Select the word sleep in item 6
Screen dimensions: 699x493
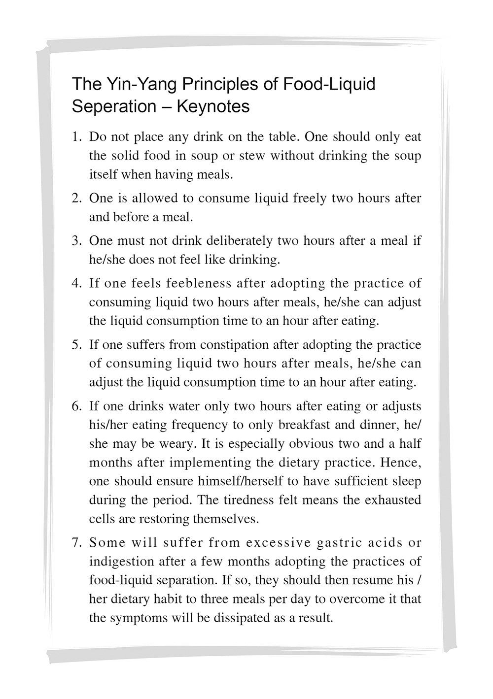click(407, 481)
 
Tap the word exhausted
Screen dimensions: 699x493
click(393, 500)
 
